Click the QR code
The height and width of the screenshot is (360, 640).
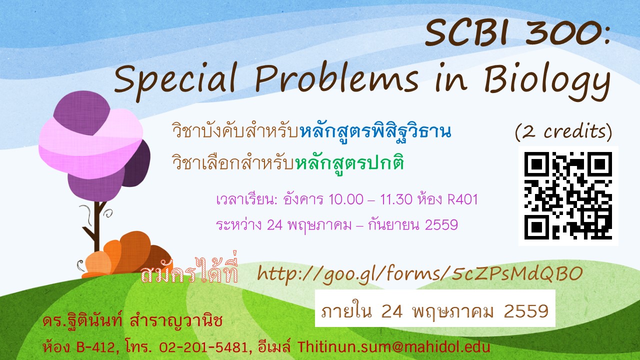[x=568, y=196]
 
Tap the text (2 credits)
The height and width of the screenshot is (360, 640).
[x=563, y=132]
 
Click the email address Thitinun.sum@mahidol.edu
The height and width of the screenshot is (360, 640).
[x=394, y=347]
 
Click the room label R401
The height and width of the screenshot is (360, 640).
[x=462, y=199]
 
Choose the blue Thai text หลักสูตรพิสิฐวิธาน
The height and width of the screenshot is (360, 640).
[x=375, y=131]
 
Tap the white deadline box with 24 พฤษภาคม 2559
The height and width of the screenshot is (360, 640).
[x=435, y=308]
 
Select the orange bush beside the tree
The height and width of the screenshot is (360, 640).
[x=127, y=255]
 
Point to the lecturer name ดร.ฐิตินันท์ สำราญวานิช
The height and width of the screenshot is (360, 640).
[x=132, y=321]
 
